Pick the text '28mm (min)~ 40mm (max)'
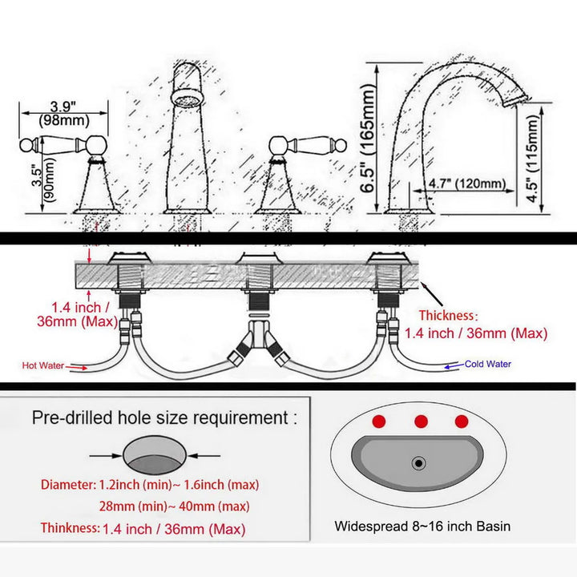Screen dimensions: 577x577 click(x=175, y=506)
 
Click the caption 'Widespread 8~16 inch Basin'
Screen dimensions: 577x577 click(x=422, y=527)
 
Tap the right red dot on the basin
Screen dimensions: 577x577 click(x=460, y=422)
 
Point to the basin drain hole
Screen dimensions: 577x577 click(x=418, y=462)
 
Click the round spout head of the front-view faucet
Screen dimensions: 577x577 click(x=187, y=101)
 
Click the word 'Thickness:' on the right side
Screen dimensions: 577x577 click(x=447, y=316)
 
